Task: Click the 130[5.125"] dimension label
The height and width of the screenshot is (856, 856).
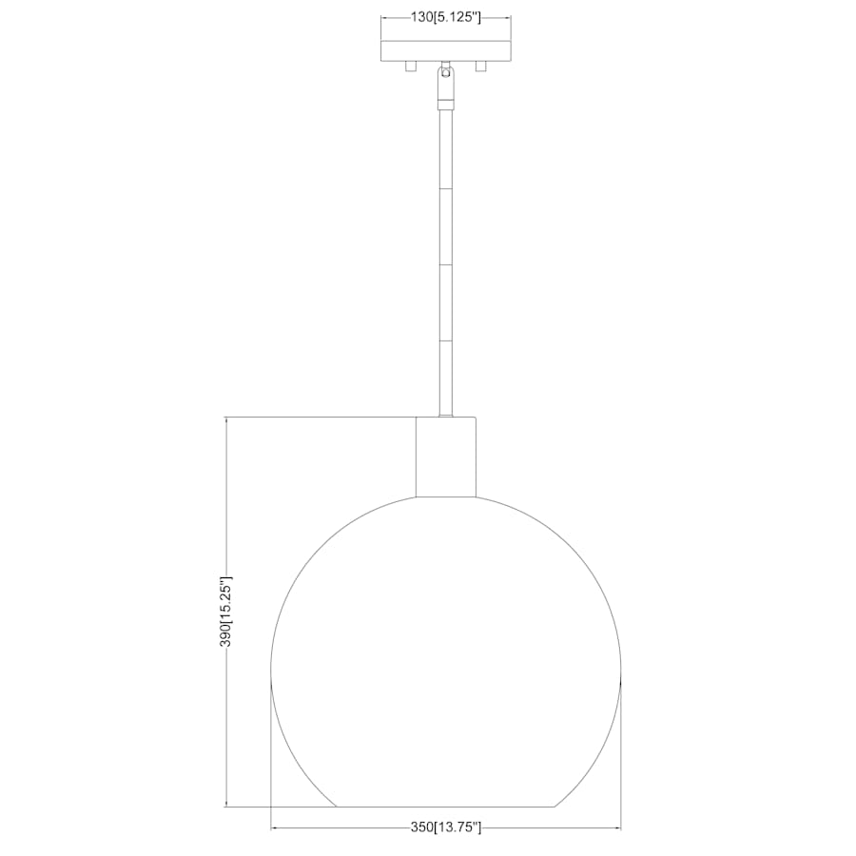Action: [x=445, y=17]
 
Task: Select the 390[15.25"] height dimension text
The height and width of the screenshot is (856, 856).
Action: [x=226, y=611]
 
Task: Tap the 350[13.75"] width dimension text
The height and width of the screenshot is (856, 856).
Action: [x=446, y=827]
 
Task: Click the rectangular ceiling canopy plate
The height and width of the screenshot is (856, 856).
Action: [x=445, y=50]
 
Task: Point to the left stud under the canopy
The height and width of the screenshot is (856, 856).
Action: [x=410, y=67]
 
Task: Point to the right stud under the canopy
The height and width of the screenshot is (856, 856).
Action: [x=481, y=67]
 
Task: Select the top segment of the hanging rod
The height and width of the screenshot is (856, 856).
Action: [x=445, y=147]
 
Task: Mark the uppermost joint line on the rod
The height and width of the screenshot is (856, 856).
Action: [x=445, y=187]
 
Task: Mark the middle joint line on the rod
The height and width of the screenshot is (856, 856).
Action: [x=445, y=263]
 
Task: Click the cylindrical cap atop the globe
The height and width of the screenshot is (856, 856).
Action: [x=445, y=457]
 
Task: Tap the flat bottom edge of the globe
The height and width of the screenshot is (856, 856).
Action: [x=445, y=807]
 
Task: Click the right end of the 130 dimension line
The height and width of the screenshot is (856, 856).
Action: [x=511, y=17]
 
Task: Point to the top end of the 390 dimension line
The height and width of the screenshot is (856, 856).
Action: [x=226, y=417]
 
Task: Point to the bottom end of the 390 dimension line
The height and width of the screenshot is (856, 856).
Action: [x=226, y=807]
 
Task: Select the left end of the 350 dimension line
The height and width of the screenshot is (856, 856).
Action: [x=271, y=827]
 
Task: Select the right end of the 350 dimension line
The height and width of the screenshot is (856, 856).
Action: [x=621, y=827]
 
